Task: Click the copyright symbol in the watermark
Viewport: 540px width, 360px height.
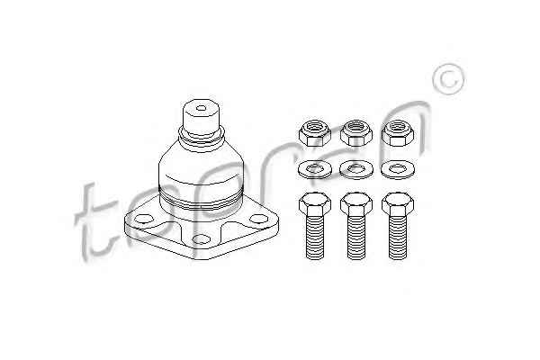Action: click(x=449, y=79)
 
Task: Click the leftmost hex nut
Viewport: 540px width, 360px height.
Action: click(x=315, y=133)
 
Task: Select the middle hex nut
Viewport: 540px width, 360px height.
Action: click(x=356, y=133)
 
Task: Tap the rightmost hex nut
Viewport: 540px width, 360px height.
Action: click(x=398, y=133)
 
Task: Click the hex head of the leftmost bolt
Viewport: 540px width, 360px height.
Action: click(x=315, y=204)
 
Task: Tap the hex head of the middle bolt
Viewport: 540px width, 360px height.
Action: click(x=356, y=204)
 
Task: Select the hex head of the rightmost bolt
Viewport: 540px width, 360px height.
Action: click(x=398, y=204)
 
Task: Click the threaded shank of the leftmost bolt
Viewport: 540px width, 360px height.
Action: click(x=315, y=238)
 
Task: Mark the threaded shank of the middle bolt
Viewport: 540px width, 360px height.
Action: click(x=356, y=238)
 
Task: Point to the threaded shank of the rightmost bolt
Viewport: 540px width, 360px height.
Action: click(x=398, y=238)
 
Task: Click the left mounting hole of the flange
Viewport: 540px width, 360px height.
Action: click(x=144, y=219)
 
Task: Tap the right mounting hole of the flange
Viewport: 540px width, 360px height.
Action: click(x=258, y=219)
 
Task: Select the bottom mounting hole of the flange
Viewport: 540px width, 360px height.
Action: click(x=201, y=239)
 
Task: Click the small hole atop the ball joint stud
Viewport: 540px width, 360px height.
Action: click(x=201, y=108)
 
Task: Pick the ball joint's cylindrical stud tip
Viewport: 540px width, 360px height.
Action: click(x=201, y=117)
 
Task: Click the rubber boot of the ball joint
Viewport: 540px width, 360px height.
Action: click(x=201, y=172)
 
